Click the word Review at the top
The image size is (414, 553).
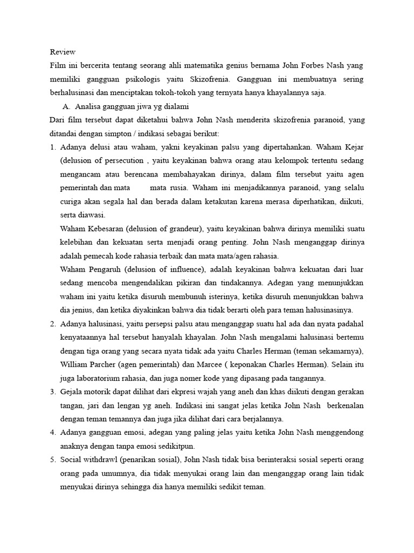(x=63, y=52)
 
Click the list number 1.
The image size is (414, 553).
(x=53, y=147)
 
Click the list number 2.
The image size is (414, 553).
(x=53, y=323)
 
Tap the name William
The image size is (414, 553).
(x=75, y=364)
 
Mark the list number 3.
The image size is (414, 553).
(x=53, y=392)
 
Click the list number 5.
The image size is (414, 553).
(x=53, y=460)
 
